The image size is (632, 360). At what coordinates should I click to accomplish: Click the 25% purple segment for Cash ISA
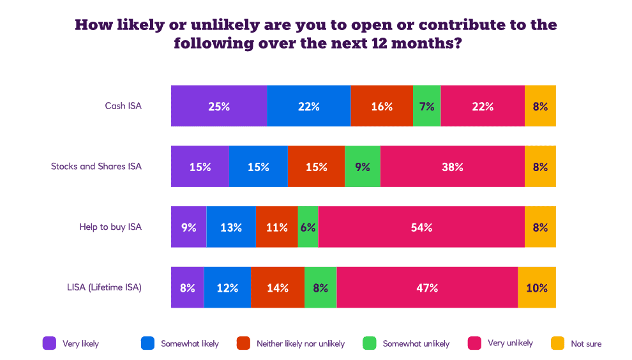point(218,106)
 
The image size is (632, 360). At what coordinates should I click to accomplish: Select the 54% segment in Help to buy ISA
point(421,227)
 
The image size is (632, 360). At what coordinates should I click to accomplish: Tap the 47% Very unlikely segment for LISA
point(427,288)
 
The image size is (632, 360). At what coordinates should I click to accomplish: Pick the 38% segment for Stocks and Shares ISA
point(452,167)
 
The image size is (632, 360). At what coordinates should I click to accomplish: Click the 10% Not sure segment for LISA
point(537,288)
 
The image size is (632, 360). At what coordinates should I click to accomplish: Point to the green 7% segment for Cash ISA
point(427,106)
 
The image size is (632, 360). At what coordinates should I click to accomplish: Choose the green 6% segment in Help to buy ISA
point(308,227)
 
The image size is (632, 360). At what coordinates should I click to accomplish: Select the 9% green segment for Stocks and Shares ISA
point(362,167)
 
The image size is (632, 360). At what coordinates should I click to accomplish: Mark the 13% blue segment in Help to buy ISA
point(231,227)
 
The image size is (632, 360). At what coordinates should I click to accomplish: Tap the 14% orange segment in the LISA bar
point(277,288)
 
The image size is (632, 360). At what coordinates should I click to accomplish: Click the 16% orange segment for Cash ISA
point(382,106)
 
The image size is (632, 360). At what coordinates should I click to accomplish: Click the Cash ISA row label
point(123,106)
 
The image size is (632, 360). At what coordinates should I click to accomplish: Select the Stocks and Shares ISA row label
point(96,167)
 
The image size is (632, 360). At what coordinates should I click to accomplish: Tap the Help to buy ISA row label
point(110,227)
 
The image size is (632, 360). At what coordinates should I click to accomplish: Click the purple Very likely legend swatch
point(49,343)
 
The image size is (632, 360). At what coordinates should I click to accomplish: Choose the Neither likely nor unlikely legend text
point(301,343)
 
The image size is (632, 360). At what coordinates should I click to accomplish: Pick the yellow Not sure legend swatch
point(557,343)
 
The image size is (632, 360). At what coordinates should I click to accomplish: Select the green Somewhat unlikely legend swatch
point(369,343)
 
